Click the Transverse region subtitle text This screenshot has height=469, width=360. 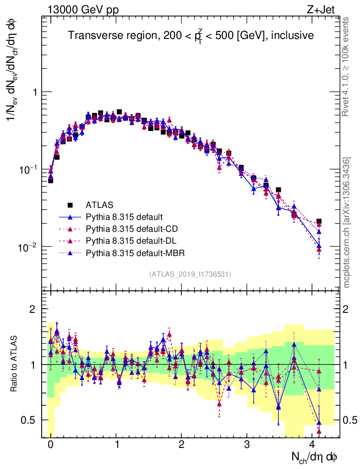[x=191, y=36]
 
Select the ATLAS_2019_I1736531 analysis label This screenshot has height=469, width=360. [x=190, y=274]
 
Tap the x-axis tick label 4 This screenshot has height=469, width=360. [x=312, y=445]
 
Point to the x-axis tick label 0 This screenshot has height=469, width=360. [x=50, y=445]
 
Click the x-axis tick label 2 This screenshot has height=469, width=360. [x=181, y=445]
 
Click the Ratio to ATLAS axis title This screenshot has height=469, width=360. [x=15, y=364]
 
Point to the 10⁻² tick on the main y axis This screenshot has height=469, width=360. [x=28, y=247]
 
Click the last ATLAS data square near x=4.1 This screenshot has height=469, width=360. [x=319, y=222]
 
